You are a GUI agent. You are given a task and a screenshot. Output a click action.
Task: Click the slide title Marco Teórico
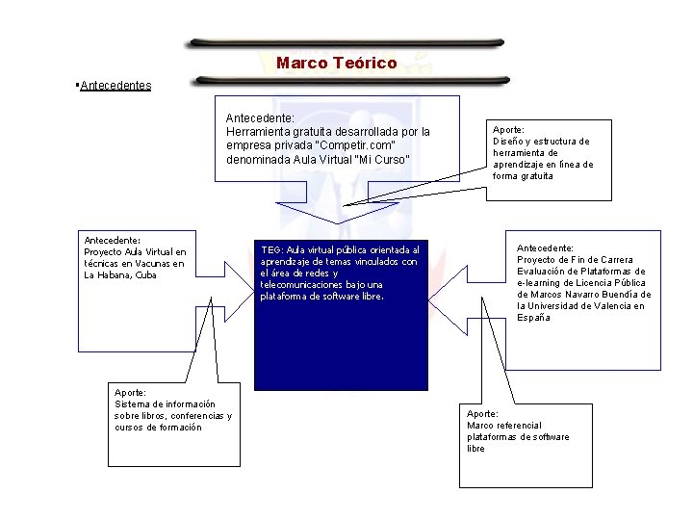336,64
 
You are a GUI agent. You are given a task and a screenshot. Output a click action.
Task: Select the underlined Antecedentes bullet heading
115,86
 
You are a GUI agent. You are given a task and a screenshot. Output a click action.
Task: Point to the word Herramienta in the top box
258,132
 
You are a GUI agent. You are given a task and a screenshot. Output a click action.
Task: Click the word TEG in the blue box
270,249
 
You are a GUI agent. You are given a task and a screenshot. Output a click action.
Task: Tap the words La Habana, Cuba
120,275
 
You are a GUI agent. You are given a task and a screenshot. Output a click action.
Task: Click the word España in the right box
533,318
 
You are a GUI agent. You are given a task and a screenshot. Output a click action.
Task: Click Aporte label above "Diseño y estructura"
508,129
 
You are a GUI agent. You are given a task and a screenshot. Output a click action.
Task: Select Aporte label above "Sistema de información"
130,392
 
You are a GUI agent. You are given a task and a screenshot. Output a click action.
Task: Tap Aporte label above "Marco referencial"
482,413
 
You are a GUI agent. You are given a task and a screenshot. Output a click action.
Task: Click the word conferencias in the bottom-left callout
193,416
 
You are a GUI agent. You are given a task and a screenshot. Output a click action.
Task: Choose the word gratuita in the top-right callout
537,176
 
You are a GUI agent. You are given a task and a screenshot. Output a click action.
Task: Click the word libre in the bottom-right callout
476,449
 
